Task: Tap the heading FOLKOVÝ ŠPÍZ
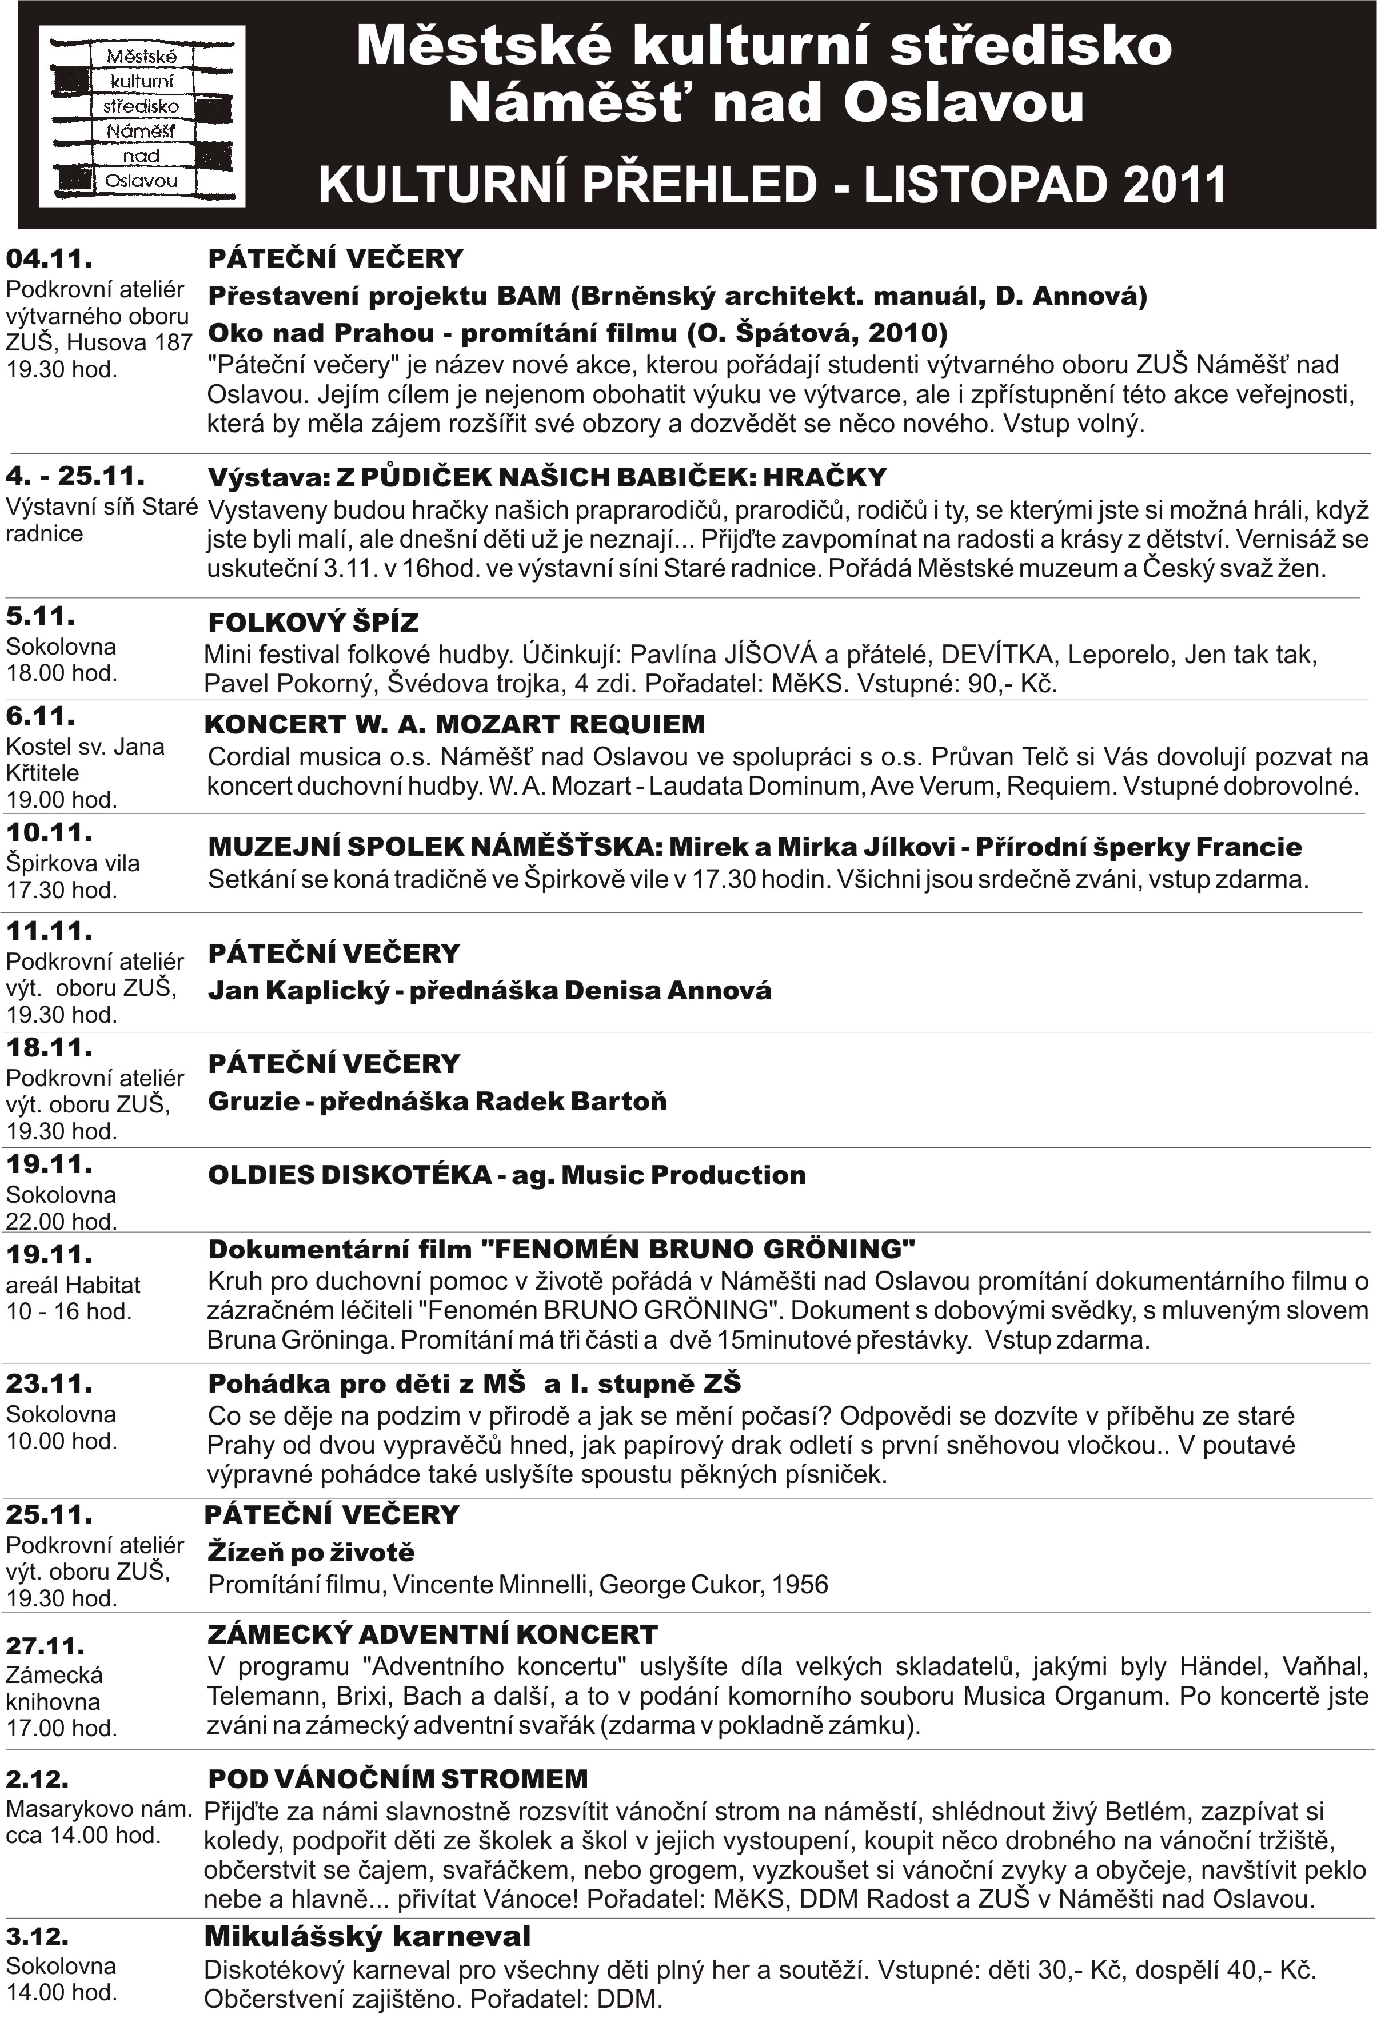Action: click(x=313, y=623)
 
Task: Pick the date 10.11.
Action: click(x=49, y=833)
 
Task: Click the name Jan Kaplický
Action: click(x=297, y=990)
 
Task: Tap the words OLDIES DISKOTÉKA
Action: click(x=350, y=1175)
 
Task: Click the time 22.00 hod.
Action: click(x=61, y=1222)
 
